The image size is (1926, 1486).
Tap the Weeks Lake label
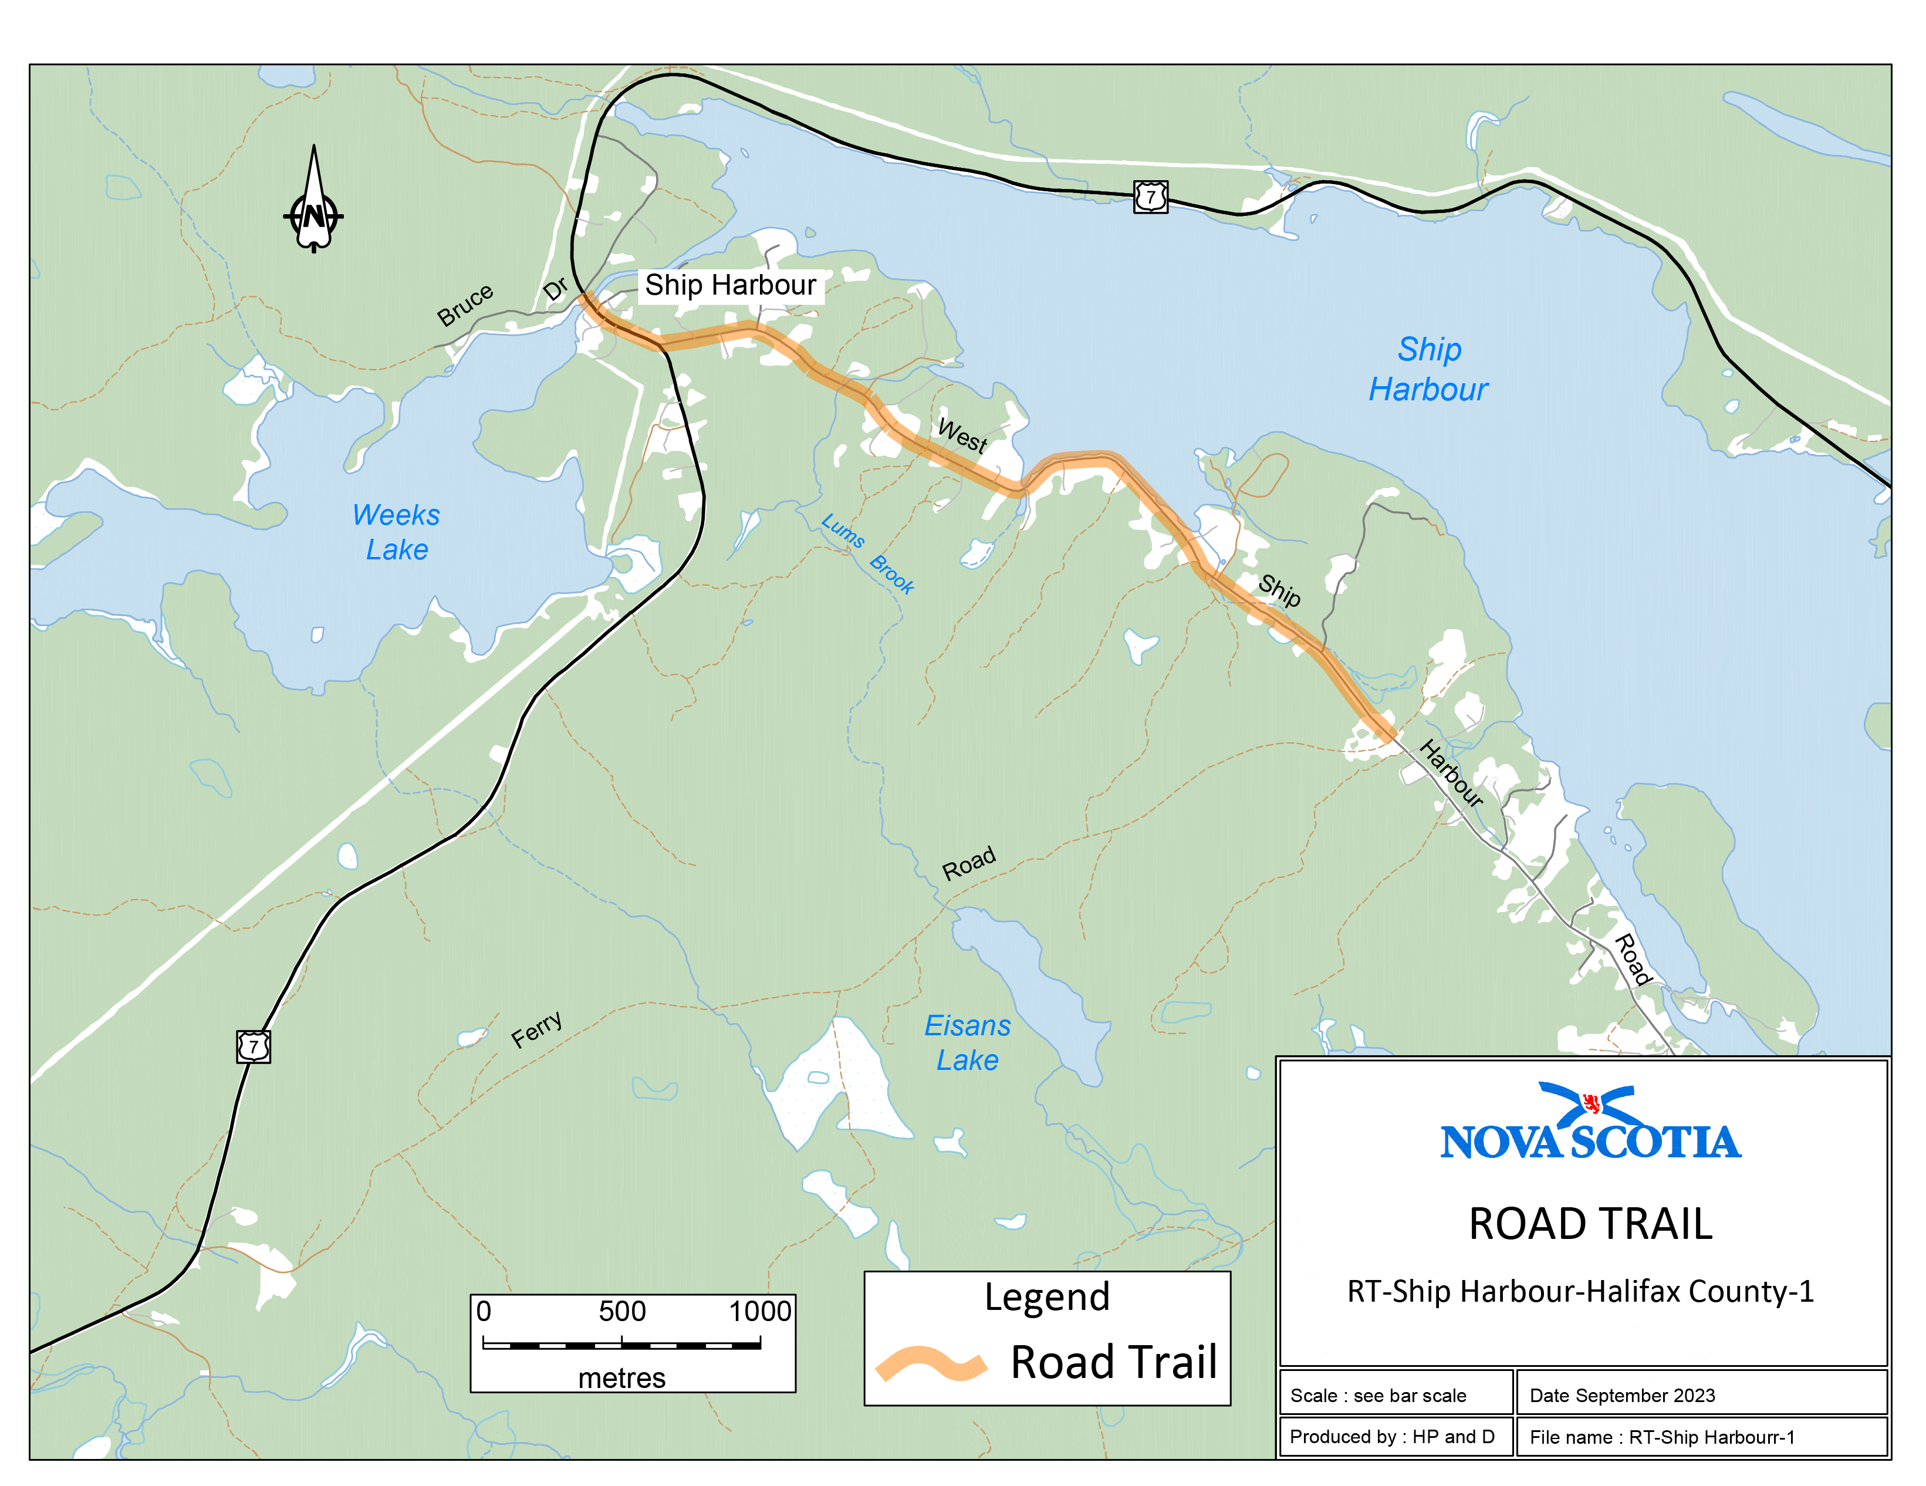396,532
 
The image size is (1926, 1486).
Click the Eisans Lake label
968,1042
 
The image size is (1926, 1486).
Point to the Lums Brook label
867,553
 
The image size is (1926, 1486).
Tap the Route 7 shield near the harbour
1150,197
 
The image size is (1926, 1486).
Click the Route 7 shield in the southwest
253,1047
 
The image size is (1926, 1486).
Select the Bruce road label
465,305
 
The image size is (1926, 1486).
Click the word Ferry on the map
536,1029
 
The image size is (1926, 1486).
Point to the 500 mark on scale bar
621,1311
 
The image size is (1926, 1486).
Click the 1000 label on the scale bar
759,1311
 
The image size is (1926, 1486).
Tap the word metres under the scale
621,1377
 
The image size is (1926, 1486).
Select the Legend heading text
1047,1297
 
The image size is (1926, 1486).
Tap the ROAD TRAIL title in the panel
1590,1224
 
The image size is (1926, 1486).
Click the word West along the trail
961,435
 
